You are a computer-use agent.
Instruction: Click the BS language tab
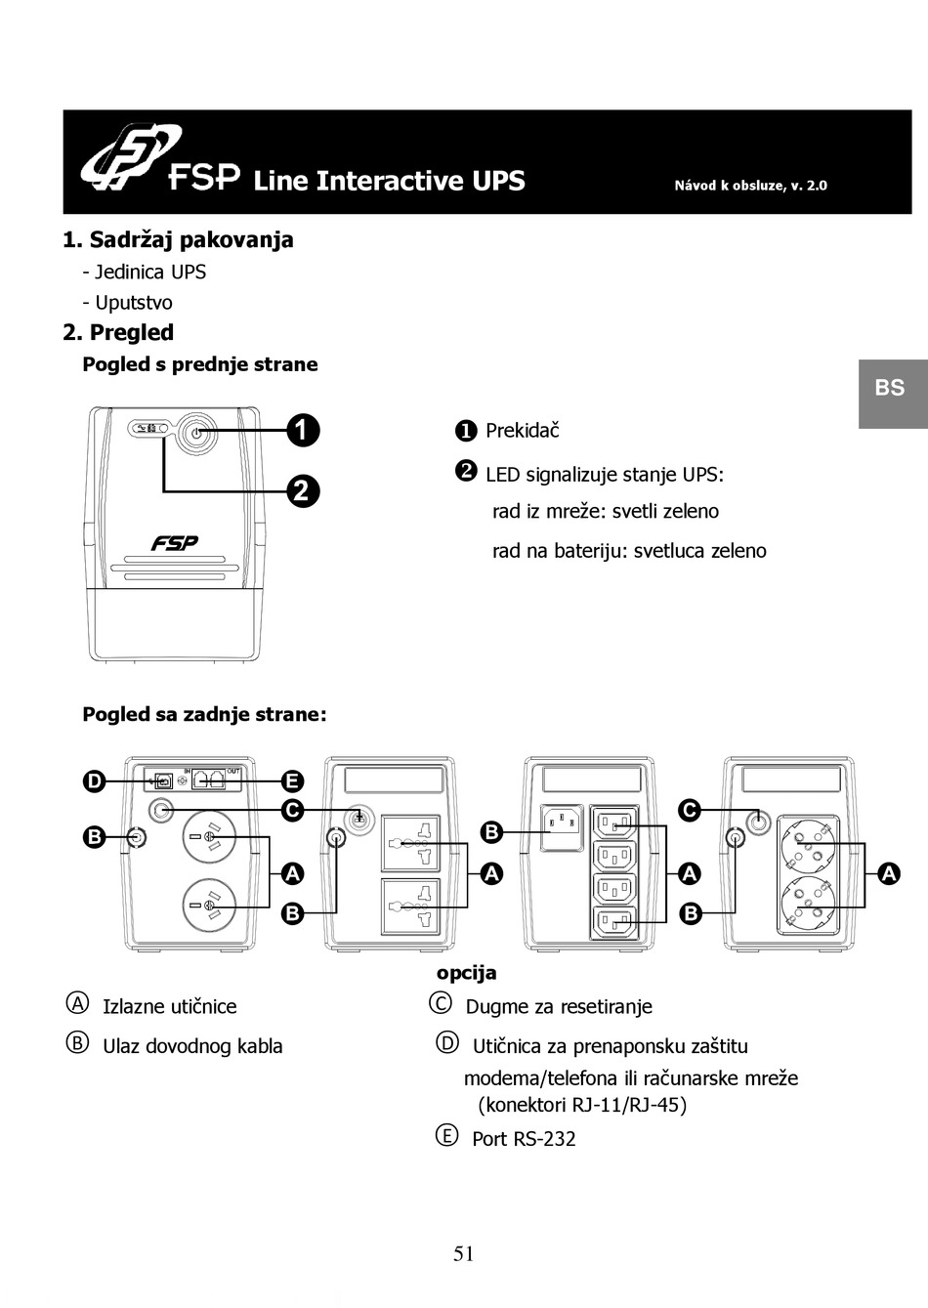click(x=890, y=388)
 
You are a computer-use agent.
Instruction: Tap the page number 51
click(x=464, y=1254)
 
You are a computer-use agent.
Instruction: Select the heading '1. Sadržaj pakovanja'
click(x=178, y=239)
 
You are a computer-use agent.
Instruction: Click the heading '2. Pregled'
click(x=118, y=332)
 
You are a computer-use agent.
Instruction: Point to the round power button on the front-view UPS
click(x=195, y=431)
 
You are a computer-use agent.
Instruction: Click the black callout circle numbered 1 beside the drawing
click(x=303, y=430)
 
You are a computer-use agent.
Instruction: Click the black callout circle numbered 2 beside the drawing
click(x=303, y=489)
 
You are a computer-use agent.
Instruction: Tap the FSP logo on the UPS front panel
click(x=175, y=543)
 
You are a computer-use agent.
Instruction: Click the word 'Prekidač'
click(x=522, y=431)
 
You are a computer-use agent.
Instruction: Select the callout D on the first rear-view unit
click(x=93, y=781)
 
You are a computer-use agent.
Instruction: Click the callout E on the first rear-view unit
click(x=292, y=781)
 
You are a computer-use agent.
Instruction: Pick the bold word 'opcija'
click(x=466, y=973)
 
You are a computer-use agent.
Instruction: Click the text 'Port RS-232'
click(x=524, y=1139)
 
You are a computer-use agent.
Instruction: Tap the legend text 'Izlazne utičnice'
click(x=169, y=1007)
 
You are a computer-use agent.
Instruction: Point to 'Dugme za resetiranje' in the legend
click(x=558, y=1007)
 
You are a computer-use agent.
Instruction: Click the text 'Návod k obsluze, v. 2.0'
click(x=750, y=185)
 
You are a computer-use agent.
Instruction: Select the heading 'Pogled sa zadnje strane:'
click(x=204, y=714)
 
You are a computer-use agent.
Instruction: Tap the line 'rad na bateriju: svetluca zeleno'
click(x=629, y=551)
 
